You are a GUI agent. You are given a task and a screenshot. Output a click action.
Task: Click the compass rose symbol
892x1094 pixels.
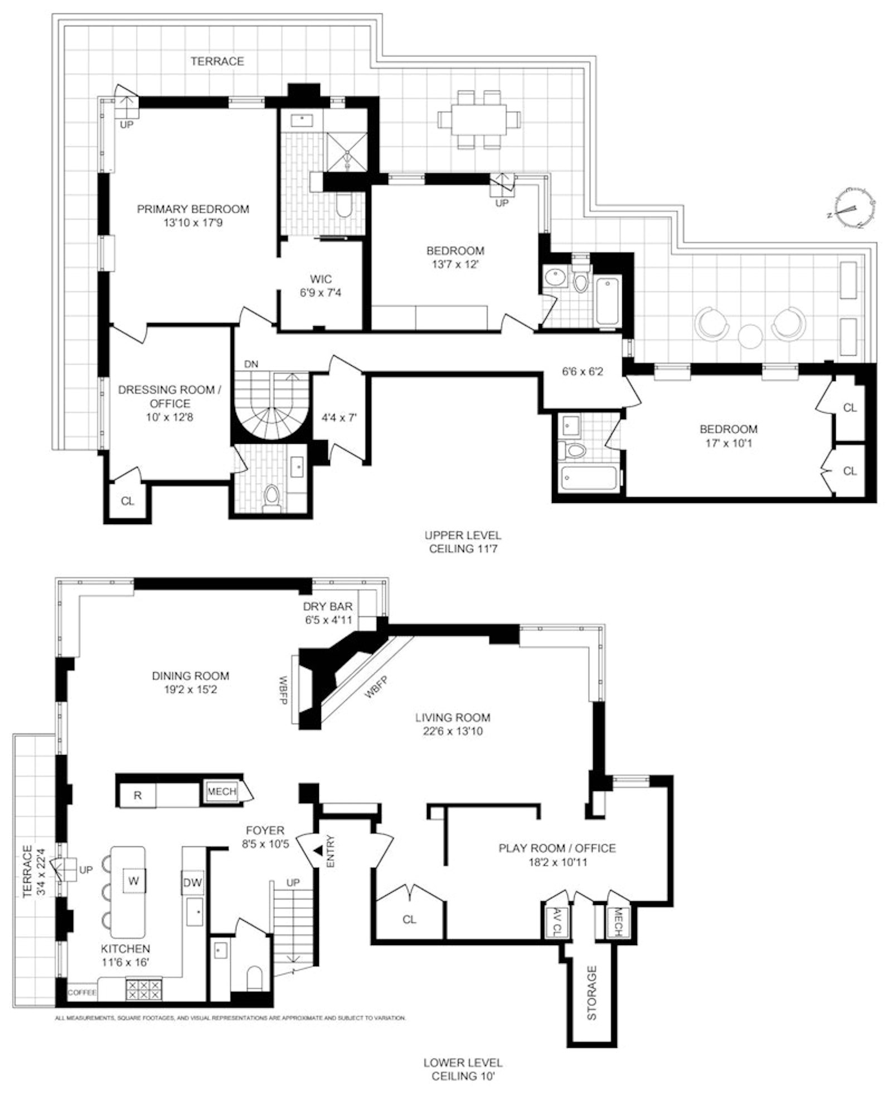click(x=851, y=208)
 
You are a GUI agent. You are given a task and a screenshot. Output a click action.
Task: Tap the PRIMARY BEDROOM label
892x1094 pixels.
click(x=193, y=209)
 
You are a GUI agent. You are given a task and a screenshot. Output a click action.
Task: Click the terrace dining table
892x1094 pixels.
click(x=479, y=119)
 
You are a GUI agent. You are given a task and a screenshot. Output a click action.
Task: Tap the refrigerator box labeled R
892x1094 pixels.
click(x=137, y=795)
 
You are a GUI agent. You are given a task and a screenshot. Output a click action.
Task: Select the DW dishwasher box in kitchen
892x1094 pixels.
click(x=192, y=883)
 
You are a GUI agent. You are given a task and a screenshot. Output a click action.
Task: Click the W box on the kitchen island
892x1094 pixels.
click(x=134, y=881)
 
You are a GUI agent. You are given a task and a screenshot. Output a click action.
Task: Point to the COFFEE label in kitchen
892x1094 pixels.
click(x=82, y=993)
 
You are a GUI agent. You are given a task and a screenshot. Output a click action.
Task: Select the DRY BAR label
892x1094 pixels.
click(x=328, y=606)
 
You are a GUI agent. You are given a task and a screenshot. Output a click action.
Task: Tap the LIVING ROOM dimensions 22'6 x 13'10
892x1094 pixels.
click(x=452, y=731)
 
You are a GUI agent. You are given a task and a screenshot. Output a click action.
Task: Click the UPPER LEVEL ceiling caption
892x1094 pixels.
click(x=463, y=541)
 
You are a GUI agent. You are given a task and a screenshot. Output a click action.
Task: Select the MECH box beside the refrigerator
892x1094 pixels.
click(x=221, y=791)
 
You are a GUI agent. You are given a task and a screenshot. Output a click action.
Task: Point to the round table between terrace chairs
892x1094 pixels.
click(x=750, y=335)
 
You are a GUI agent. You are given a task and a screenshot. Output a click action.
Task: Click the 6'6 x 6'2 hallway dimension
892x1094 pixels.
click(x=582, y=371)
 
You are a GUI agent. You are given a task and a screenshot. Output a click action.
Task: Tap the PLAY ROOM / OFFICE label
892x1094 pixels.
click(x=557, y=848)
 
